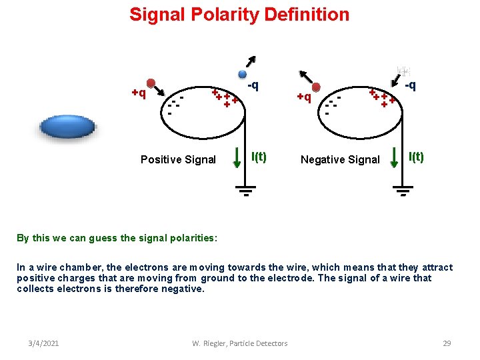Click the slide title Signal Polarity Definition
(x=239, y=15)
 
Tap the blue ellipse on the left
(x=68, y=127)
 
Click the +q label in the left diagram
(x=139, y=93)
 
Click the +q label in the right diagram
(x=304, y=97)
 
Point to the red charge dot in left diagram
(x=151, y=83)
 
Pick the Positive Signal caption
(x=178, y=159)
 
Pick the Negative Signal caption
(x=340, y=159)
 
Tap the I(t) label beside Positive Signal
(x=258, y=157)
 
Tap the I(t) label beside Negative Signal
(x=415, y=157)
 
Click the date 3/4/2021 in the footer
(x=44, y=343)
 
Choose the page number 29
(x=447, y=343)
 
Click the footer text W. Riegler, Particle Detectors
(x=239, y=343)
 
